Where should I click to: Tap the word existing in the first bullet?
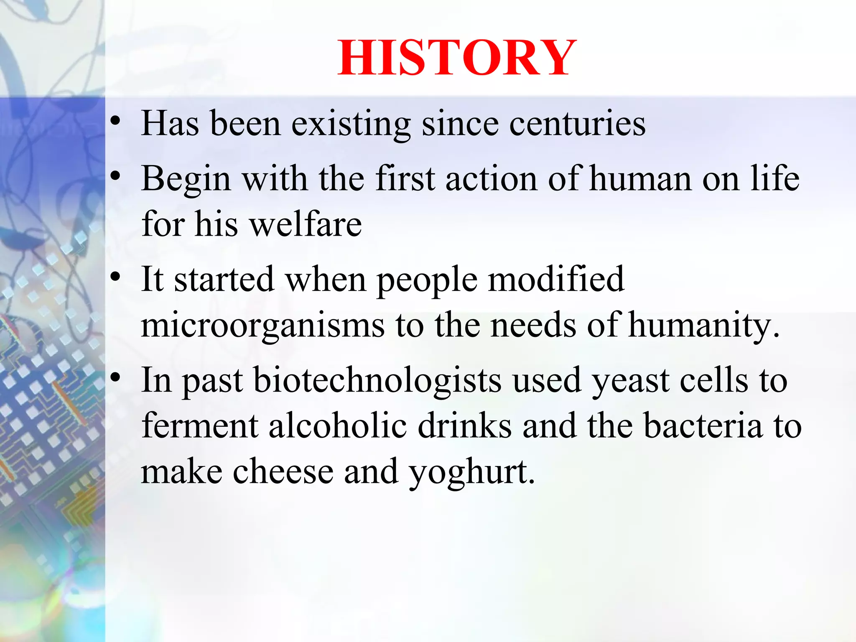[351, 125]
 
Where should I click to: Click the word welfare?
[306, 224]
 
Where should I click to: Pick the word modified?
[556, 279]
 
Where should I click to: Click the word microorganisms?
[262, 326]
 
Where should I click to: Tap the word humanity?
[703, 326]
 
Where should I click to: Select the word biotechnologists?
[377, 380]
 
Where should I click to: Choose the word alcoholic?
[338, 425]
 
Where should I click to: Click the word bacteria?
[703, 425]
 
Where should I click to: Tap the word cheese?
[283, 471]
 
